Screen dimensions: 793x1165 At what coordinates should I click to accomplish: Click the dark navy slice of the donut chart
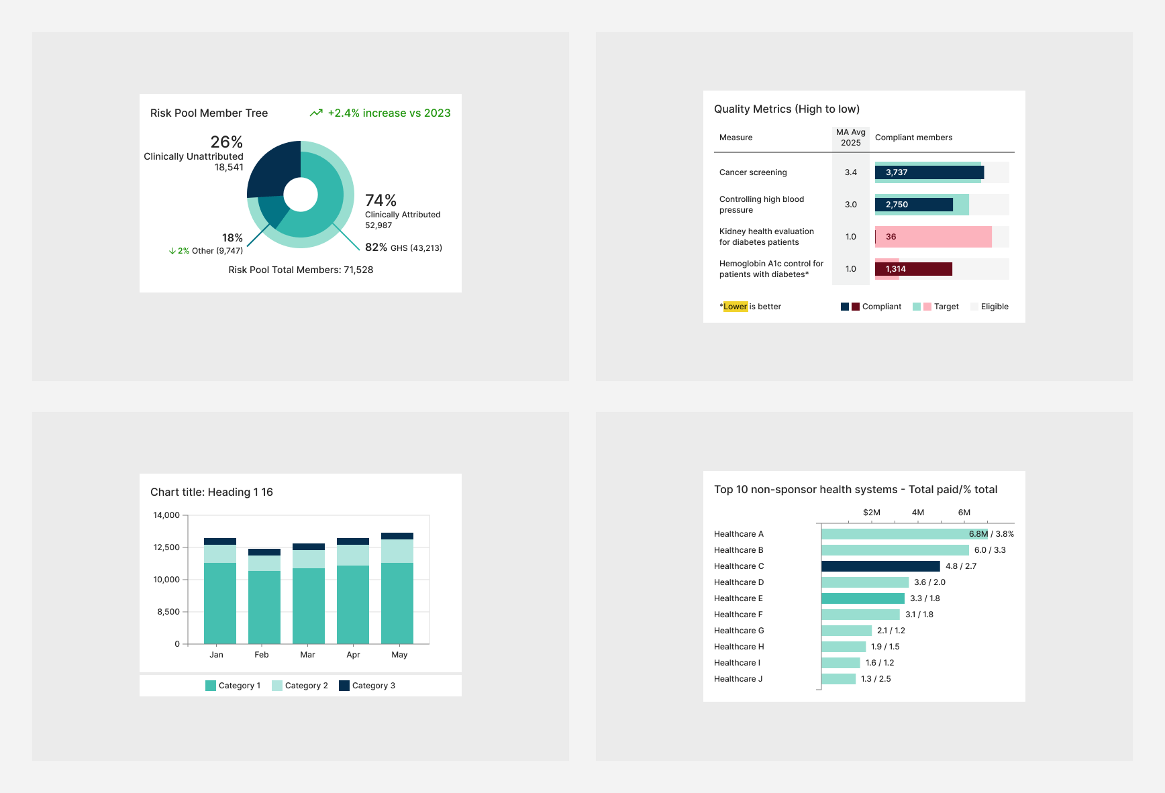point(272,168)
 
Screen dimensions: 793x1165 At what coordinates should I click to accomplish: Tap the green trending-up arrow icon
point(316,113)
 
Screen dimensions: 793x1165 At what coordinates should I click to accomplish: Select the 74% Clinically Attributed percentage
point(381,201)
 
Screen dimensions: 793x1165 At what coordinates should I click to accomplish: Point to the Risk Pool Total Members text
point(301,270)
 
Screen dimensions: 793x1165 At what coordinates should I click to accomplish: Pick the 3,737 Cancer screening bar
point(929,172)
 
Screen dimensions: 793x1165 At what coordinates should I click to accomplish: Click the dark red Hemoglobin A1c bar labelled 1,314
point(913,269)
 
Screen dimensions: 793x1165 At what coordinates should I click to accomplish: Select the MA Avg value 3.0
point(850,205)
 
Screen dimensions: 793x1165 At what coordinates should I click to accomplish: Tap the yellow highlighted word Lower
point(735,307)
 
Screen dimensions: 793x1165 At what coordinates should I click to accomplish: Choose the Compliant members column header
point(913,138)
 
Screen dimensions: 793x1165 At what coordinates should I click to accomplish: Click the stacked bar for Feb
point(264,597)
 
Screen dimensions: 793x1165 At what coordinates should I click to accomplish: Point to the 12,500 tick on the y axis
point(166,547)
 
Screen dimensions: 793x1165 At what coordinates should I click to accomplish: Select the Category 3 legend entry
point(367,686)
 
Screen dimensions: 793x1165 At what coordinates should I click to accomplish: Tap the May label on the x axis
point(399,655)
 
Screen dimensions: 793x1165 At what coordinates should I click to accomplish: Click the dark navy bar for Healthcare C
point(880,566)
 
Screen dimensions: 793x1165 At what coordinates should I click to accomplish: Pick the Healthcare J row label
point(738,679)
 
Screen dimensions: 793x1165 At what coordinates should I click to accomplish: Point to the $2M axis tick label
point(871,513)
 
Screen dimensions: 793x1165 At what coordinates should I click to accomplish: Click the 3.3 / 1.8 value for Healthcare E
point(924,598)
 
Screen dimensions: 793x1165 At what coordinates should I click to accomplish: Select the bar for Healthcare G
point(846,631)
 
